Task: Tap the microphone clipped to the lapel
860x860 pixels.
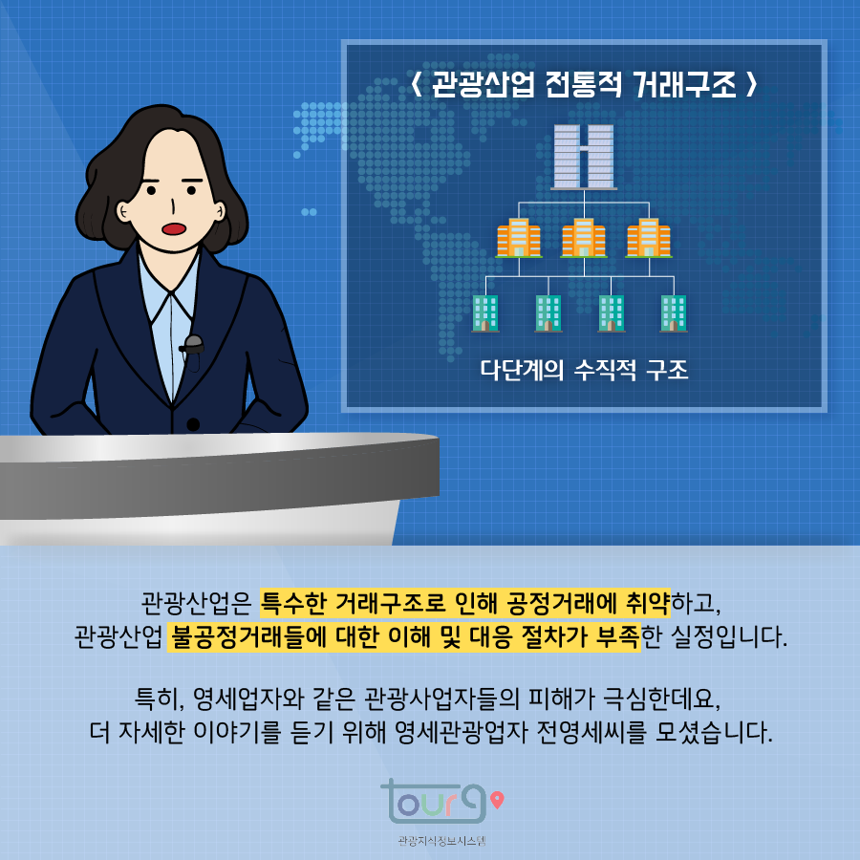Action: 194,342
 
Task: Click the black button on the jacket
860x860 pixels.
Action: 193,424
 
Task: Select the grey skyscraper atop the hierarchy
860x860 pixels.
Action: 583,156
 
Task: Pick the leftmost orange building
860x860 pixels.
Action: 519,237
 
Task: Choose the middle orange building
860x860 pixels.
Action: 583,237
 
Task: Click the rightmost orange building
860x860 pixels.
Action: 648,237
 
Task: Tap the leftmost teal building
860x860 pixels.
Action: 485,312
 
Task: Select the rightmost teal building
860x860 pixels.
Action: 674,312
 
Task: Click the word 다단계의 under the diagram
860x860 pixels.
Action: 523,370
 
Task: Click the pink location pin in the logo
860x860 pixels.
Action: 495,798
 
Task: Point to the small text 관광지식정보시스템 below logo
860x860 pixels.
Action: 430,842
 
